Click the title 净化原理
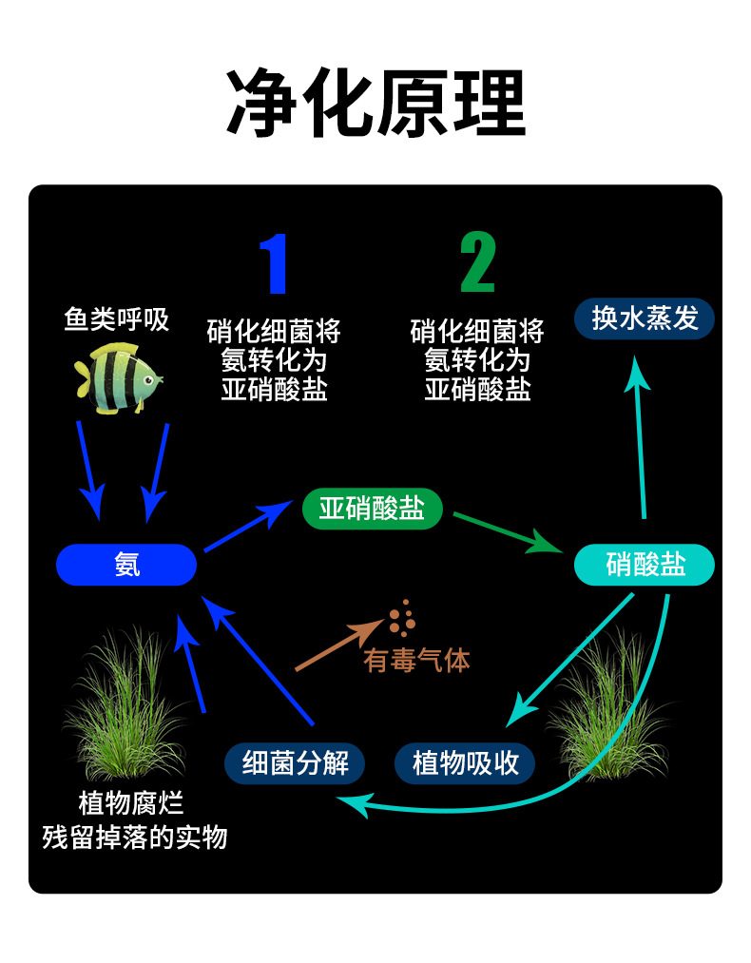(375, 104)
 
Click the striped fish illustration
(119, 377)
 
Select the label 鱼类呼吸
(117, 319)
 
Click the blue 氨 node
(126, 565)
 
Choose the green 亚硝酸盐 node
(373, 509)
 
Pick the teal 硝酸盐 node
(645, 565)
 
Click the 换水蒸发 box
(645, 318)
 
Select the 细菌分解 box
(295, 763)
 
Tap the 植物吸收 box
(465, 763)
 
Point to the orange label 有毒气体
(416, 660)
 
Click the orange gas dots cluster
(402, 618)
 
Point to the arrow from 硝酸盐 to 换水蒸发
(641, 437)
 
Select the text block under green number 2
(477, 360)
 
